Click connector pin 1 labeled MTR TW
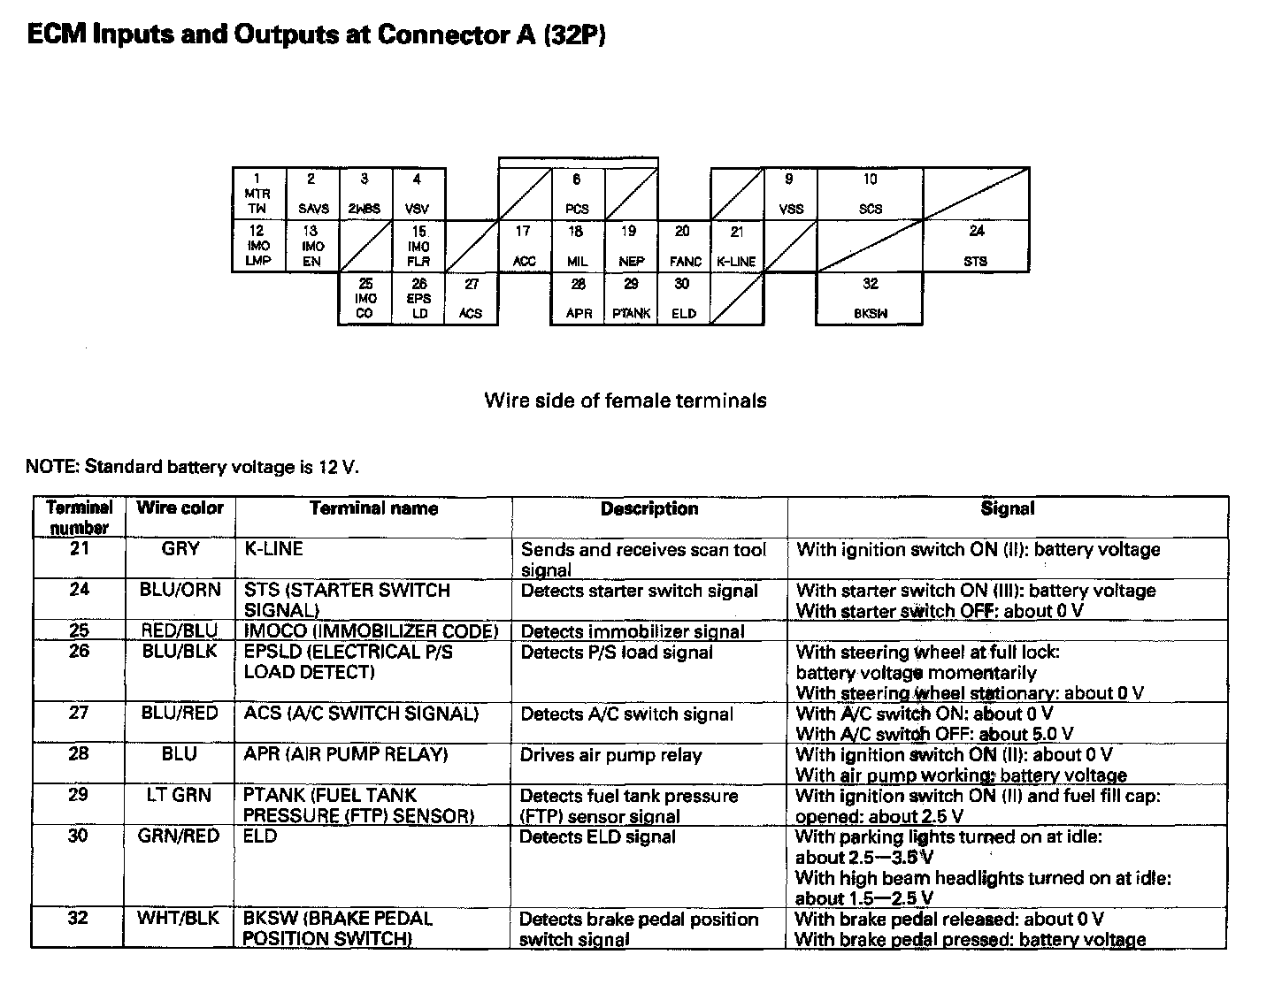click(x=258, y=194)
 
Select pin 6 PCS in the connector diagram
click(x=577, y=194)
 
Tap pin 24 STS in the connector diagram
click(x=976, y=246)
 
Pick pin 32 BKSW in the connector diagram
click(x=870, y=298)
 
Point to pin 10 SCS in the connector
click(x=870, y=194)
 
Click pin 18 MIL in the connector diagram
click(x=577, y=246)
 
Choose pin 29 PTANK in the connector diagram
click(x=631, y=298)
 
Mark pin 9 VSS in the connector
click(x=790, y=194)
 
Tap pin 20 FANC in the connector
click(x=684, y=246)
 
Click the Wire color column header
click(x=180, y=508)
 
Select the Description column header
click(x=649, y=509)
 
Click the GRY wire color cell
click(x=180, y=549)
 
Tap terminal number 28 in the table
click(x=79, y=754)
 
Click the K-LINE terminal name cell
click(x=273, y=549)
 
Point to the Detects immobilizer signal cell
click(x=633, y=631)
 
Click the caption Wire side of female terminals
click(x=625, y=401)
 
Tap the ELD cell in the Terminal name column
click(x=260, y=836)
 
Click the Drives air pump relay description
click(x=610, y=755)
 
